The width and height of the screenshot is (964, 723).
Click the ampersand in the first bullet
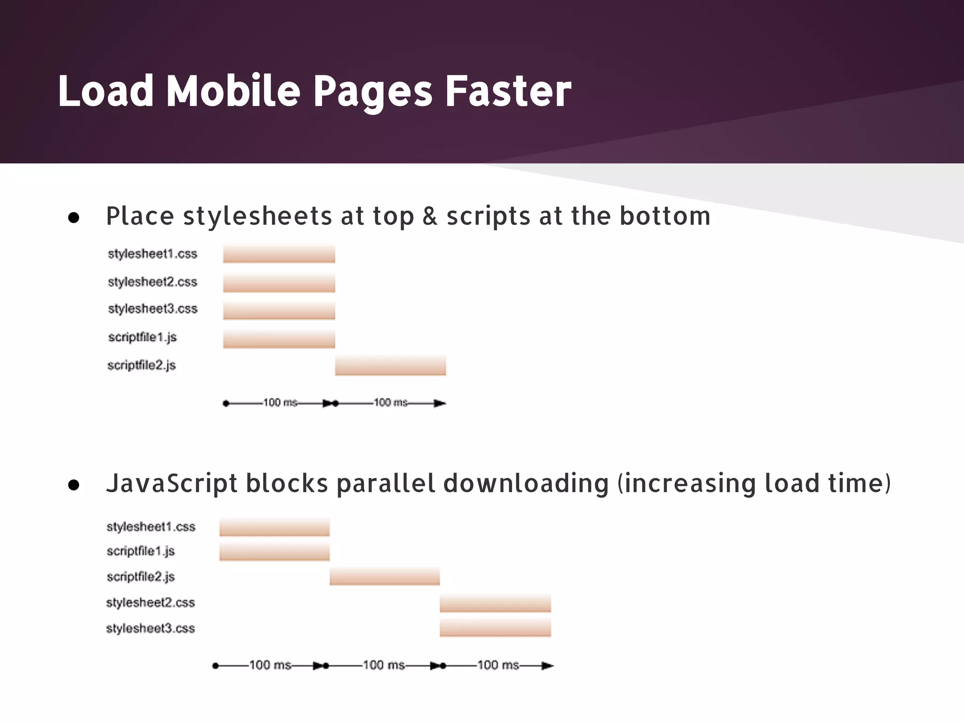tap(430, 217)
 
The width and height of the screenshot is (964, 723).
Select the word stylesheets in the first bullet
tap(257, 217)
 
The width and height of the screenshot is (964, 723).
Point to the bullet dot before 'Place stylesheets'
tap(73, 218)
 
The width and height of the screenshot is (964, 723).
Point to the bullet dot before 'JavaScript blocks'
tap(73, 485)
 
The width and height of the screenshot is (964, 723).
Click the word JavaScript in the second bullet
tap(172, 484)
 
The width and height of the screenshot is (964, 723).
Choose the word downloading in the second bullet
tap(526, 484)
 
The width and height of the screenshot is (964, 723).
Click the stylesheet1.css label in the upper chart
tap(153, 254)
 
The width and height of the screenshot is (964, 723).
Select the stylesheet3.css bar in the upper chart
tap(279, 311)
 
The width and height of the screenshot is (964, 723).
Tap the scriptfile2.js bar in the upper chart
tap(390, 366)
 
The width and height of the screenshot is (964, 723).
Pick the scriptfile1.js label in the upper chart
tap(142, 337)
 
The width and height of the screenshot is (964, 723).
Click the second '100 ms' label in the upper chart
tap(390, 403)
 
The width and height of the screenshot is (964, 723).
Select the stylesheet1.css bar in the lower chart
tap(274, 528)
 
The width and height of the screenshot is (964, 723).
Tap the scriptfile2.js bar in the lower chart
tap(385, 577)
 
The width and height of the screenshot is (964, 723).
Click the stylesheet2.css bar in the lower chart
tap(495, 603)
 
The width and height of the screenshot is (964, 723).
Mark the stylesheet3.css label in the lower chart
tap(150, 629)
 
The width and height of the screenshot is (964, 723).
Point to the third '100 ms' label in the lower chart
tap(498, 666)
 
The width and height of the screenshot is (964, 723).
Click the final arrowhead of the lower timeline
tap(547, 666)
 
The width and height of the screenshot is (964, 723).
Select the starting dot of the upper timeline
tap(226, 403)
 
